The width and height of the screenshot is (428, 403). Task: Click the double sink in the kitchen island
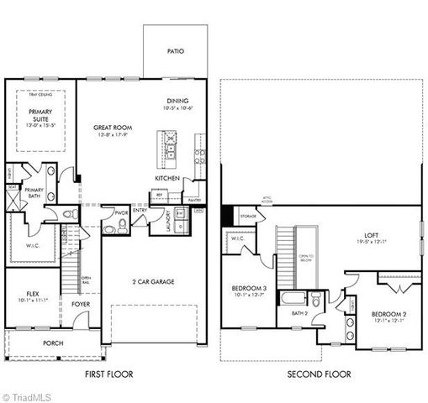point(170,140)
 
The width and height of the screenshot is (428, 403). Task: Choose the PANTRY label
point(194,200)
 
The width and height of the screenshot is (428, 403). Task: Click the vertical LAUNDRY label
point(169,222)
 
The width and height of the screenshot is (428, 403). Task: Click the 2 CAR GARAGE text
point(153,282)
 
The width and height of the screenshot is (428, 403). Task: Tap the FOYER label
point(81,305)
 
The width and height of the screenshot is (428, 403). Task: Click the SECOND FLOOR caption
point(320,374)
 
